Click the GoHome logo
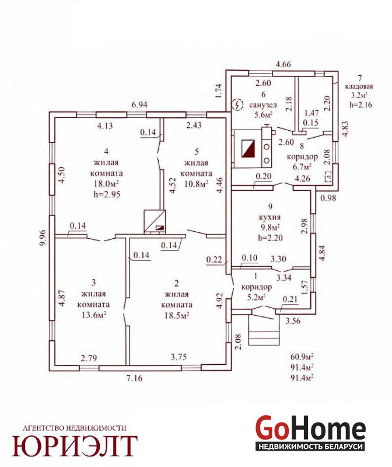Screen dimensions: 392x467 click(310, 433)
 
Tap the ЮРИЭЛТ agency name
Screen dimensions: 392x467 click(75, 446)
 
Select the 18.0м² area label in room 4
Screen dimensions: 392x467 click(107, 184)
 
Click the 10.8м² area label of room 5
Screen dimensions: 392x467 click(196, 184)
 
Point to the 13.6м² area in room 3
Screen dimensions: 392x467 click(94, 315)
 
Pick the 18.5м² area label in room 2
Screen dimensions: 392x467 click(177, 315)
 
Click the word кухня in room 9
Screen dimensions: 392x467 click(270, 217)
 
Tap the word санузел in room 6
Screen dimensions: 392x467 click(263, 105)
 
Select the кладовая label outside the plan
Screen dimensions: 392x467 click(359, 86)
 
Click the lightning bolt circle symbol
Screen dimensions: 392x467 click(237, 104)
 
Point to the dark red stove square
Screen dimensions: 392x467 click(248, 149)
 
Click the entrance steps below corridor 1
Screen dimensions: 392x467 click(264, 330)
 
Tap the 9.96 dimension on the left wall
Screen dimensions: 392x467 click(43, 238)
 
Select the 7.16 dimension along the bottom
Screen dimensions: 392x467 click(135, 378)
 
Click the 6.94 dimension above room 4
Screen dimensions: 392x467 click(139, 105)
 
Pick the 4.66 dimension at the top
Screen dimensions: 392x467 click(283, 64)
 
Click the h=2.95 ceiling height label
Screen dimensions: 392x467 click(107, 194)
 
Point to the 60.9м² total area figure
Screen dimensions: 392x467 click(302, 357)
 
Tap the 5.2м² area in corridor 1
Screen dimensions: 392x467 click(256, 297)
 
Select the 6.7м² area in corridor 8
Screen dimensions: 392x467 click(302, 167)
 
